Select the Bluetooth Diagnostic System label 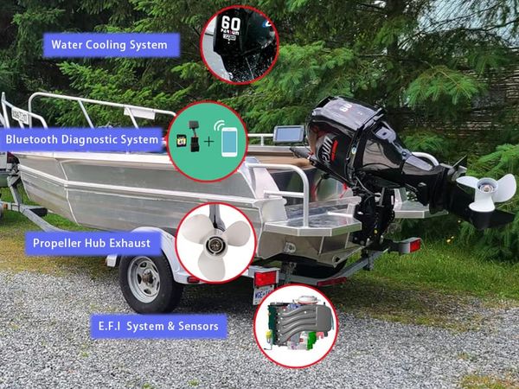(82, 138)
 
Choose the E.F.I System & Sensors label (159, 326)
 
